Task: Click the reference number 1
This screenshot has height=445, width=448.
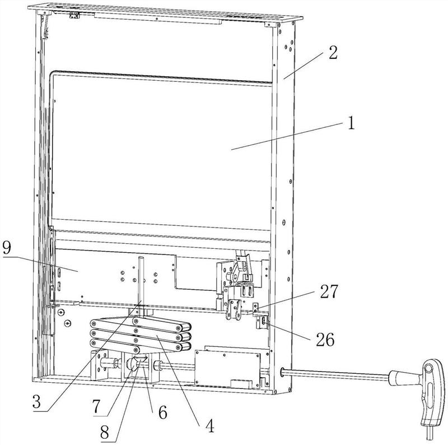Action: click(351, 123)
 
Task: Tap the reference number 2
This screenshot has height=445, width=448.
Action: click(333, 52)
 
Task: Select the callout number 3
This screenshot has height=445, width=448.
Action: click(36, 402)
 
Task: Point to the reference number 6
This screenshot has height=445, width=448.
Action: click(162, 412)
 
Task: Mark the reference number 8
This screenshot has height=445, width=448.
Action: click(105, 433)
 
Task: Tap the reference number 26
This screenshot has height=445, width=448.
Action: click(325, 340)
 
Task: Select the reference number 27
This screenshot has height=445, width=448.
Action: click(329, 291)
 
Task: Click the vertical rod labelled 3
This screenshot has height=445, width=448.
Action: click(142, 282)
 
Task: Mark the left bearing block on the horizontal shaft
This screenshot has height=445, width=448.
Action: click(100, 365)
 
